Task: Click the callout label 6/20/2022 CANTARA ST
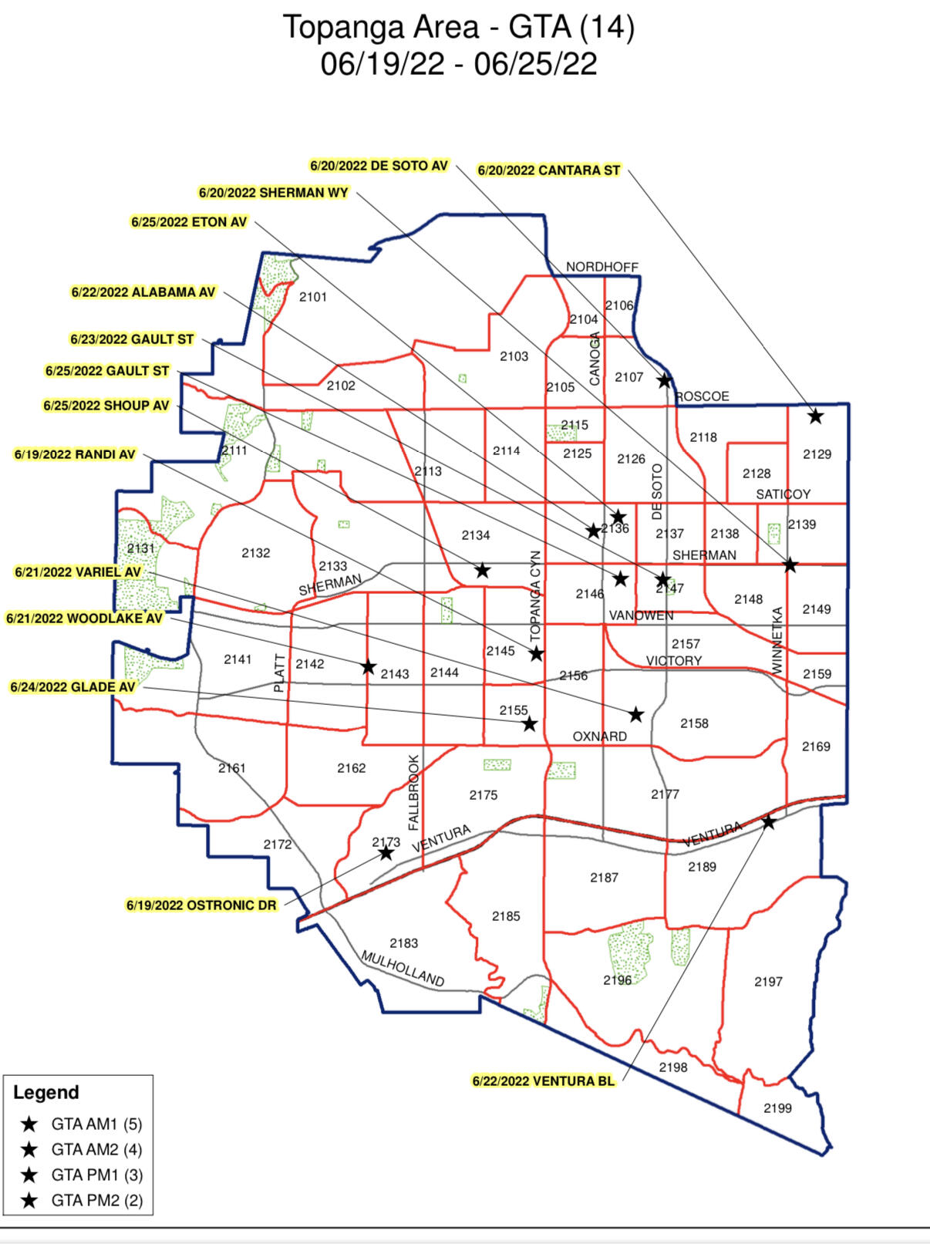click(548, 170)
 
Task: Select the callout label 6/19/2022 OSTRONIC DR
click(200, 905)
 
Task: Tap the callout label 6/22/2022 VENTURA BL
click(544, 1080)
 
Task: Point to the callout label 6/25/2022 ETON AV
click(189, 222)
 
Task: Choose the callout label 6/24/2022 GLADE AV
click(72, 686)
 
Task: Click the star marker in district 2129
click(815, 416)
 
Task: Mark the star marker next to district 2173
click(386, 853)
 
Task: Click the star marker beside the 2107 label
click(664, 380)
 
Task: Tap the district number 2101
click(313, 297)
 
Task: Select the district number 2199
click(777, 1108)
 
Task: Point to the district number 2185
click(506, 916)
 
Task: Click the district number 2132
click(255, 553)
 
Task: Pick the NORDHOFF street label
click(602, 267)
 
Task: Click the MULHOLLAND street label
click(403, 969)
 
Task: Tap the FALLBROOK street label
click(413, 792)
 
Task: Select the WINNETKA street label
click(777, 641)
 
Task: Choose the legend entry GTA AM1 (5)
click(96, 1124)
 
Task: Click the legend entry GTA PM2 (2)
click(96, 1200)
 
